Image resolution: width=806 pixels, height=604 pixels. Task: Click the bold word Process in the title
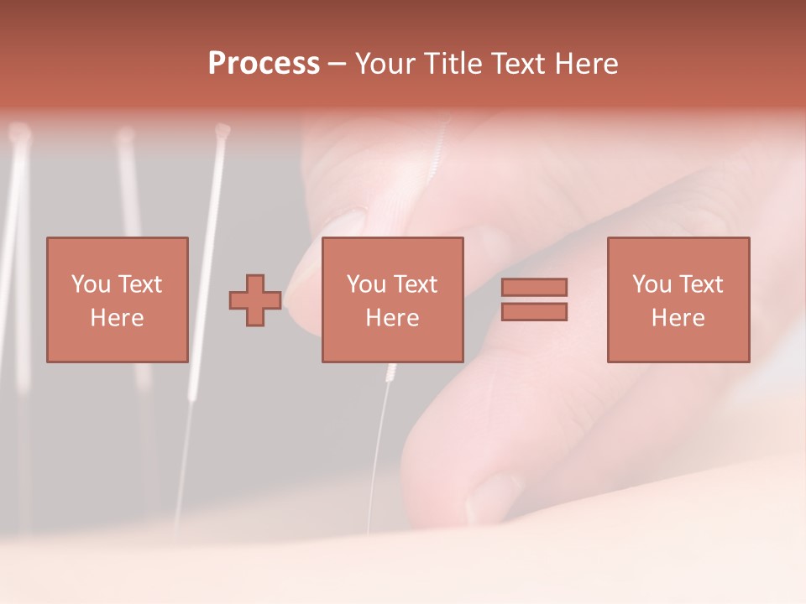coord(264,64)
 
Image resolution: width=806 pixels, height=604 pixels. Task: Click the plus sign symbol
coord(255,300)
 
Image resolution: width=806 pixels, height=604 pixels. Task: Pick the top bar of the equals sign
coord(534,287)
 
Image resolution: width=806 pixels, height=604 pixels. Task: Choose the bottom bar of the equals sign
coord(534,312)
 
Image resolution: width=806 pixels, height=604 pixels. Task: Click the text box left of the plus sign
coord(117,299)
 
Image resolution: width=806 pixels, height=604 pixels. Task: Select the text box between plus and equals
coord(392,299)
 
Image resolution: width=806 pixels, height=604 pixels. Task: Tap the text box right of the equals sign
coord(678,299)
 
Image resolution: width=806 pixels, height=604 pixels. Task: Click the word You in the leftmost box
coord(91,284)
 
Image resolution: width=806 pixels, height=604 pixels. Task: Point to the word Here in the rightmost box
coord(678,318)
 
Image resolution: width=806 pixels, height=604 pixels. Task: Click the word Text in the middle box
coord(416,284)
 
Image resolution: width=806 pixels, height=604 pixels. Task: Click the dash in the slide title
coord(338,64)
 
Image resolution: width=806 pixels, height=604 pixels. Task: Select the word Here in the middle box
coord(392,318)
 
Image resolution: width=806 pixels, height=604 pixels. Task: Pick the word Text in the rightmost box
coord(701,284)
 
